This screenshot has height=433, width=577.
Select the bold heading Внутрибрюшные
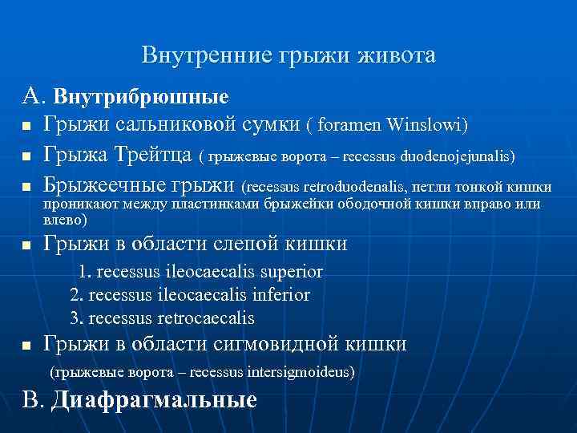pos(141,98)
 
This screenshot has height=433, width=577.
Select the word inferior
pos(280,294)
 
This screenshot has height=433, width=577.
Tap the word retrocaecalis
pos(208,318)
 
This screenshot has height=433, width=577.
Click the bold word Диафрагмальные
pos(154,399)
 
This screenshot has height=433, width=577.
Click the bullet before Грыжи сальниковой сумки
pos(27,127)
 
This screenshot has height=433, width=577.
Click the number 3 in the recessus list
pos(75,318)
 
